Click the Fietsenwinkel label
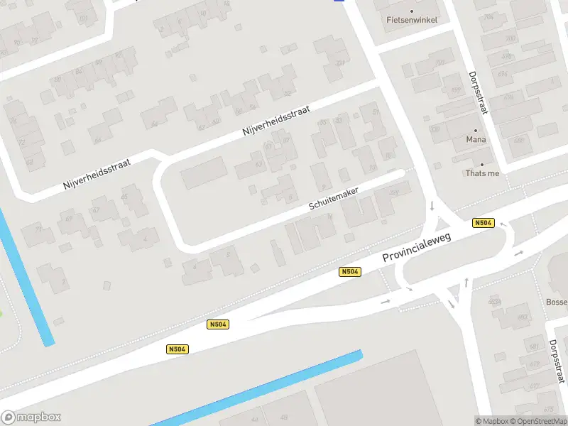412,20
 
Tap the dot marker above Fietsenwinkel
412,9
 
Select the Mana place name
476,140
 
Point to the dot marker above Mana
476,131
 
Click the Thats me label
482,173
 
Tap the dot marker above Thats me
482,164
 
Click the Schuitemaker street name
334,199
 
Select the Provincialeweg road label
418,248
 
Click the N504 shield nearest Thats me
483,223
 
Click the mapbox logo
31,417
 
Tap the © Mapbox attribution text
491,421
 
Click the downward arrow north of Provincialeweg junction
432,207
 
